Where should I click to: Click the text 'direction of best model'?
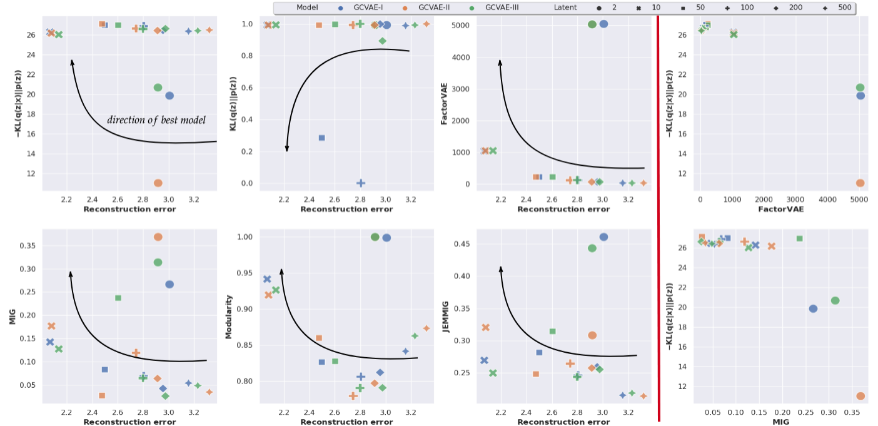(x=156, y=120)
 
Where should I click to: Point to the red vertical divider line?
(x=658, y=213)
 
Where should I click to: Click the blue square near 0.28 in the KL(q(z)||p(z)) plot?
(x=321, y=138)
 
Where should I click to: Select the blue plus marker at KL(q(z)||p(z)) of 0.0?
(x=361, y=183)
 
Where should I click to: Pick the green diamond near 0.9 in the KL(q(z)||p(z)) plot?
(x=383, y=41)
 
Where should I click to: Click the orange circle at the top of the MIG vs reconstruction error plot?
(x=158, y=237)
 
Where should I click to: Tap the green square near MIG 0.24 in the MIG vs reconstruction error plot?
(x=118, y=298)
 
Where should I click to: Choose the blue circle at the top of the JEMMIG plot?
(x=603, y=237)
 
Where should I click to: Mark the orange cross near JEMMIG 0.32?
(x=485, y=327)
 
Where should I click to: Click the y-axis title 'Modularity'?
(x=229, y=317)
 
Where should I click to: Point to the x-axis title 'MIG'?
(x=780, y=422)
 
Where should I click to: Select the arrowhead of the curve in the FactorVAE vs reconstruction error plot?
(x=500, y=62)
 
